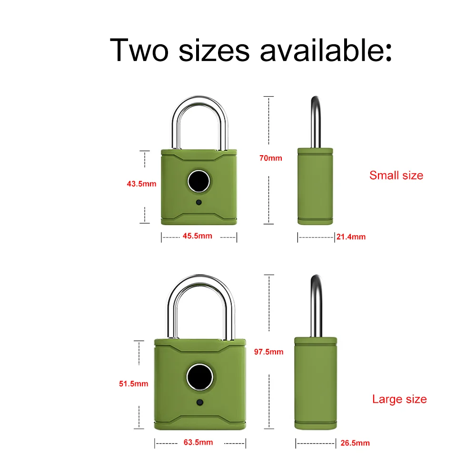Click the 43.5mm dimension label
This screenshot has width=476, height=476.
point(141,184)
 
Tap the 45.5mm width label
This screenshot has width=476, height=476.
point(198,236)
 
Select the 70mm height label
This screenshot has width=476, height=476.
point(271,158)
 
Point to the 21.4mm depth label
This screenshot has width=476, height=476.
point(351,236)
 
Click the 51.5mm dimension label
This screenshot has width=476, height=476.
point(134,383)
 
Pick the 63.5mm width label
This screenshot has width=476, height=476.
point(198,442)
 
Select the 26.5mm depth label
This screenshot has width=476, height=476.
point(355,443)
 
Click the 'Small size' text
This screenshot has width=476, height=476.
point(396,175)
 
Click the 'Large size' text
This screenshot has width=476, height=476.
point(399,399)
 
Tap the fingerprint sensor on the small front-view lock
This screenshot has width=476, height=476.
point(198,181)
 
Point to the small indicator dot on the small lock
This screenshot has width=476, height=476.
point(198,203)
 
